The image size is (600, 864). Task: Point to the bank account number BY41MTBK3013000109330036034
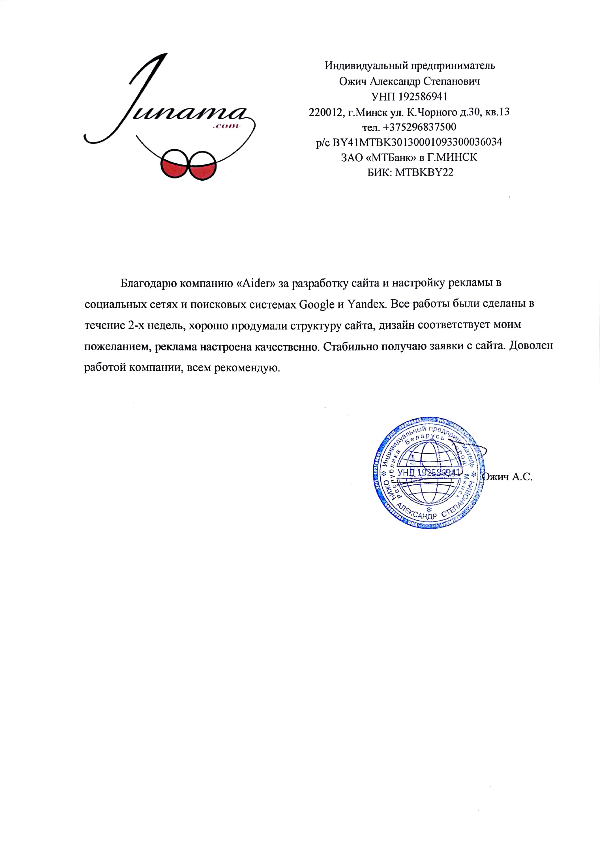click(417, 142)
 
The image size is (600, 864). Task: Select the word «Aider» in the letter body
click(256, 283)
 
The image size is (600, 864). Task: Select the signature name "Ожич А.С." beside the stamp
click(507, 477)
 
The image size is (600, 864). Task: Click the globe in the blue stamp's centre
click(428, 472)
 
